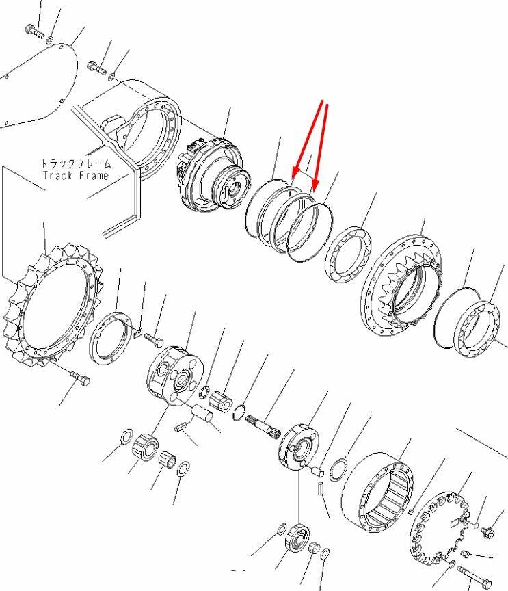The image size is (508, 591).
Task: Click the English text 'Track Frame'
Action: click(x=75, y=176)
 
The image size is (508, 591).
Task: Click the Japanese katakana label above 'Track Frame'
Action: click(x=76, y=164)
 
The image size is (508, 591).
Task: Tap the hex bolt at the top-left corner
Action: click(x=34, y=31)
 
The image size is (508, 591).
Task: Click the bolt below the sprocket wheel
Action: click(x=80, y=378)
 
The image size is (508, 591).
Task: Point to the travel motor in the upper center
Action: click(x=213, y=174)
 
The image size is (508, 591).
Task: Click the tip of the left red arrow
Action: click(x=293, y=178)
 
